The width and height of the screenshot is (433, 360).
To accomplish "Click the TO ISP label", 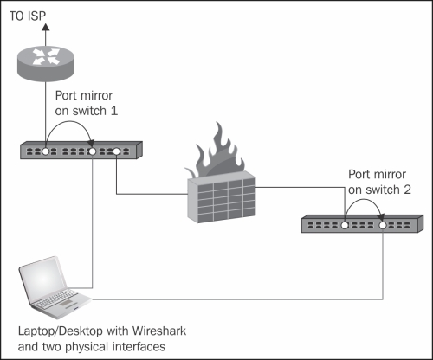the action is click(28, 16).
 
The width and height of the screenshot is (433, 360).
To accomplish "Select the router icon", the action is click(46, 64).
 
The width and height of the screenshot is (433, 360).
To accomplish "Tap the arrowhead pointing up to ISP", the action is click(45, 27).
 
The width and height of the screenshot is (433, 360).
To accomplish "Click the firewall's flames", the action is click(215, 153).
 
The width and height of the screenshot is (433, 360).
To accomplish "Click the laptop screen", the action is click(42, 280).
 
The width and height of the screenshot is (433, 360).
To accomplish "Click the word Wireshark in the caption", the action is click(159, 331).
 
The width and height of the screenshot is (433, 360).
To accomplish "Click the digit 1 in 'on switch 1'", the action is click(114, 111).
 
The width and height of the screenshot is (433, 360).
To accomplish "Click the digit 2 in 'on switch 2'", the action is click(407, 190).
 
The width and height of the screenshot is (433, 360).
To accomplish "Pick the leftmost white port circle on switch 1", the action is click(46, 151).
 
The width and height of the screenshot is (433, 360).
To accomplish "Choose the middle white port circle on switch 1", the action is click(92, 151).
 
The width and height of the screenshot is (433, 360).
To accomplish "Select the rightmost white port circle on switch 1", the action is click(116, 151).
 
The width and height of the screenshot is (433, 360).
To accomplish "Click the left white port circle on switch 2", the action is click(345, 225).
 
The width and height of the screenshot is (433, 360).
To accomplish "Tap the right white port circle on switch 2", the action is click(383, 225).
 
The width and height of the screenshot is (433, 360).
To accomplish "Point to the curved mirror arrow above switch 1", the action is click(69, 121).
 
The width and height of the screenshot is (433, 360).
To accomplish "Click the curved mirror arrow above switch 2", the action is click(365, 199).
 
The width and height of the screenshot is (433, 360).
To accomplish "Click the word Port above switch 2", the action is click(359, 175).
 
